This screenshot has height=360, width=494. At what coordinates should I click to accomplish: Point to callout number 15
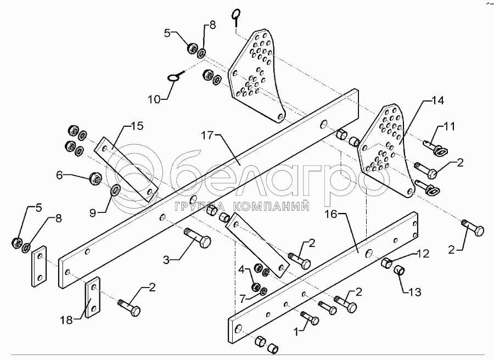pyautogui.click(x=137, y=127)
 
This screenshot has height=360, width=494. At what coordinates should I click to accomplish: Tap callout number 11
pyautogui.click(x=450, y=127)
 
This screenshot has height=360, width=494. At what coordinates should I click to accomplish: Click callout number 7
pyautogui.click(x=243, y=299)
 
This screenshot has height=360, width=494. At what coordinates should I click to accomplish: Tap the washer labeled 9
pyautogui.click(x=116, y=191)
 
